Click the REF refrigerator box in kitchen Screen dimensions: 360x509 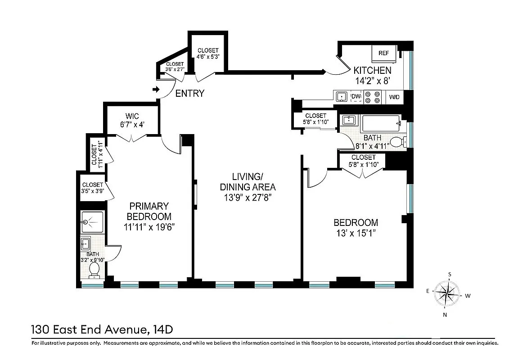(383, 54)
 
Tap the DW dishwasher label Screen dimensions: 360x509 (356, 97)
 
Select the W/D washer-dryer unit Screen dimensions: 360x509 (394, 97)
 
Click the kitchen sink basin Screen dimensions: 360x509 (342, 96)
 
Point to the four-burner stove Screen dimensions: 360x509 (372, 97)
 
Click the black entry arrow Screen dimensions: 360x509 (156, 90)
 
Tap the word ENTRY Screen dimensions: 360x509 (189, 94)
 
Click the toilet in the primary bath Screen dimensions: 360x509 (95, 270)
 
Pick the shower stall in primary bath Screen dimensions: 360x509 (93, 222)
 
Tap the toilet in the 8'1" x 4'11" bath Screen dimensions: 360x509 (396, 142)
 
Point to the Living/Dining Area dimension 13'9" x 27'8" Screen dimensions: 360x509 (248, 197)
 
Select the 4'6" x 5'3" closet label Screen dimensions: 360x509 (207, 56)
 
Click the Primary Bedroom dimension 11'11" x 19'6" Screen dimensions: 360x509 (149, 227)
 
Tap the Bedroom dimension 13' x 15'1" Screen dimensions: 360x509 (355, 233)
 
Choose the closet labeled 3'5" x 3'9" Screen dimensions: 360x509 (93, 188)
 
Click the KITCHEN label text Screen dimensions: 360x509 (372, 71)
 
